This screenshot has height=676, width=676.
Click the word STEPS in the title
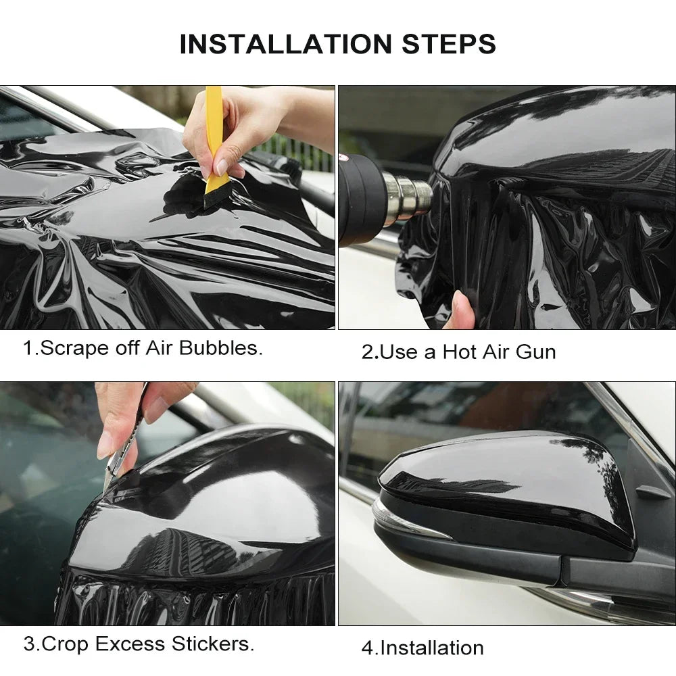pyautogui.click(x=449, y=44)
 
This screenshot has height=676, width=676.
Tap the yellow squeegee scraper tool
pyautogui.click(x=214, y=128)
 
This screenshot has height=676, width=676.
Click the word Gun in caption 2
pyautogui.click(x=534, y=352)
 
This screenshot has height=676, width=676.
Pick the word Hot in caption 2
pyautogui.click(x=460, y=352)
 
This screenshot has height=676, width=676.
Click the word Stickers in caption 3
pyautogui.click(x=214, y=644)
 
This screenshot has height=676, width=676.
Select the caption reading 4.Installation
pyautogui.click(x=422, y=648)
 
